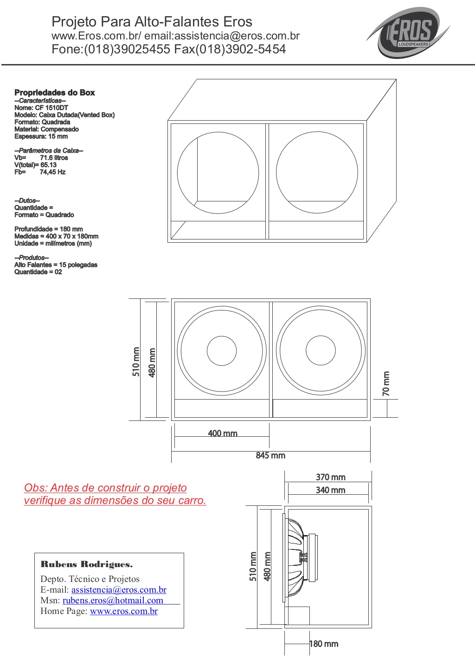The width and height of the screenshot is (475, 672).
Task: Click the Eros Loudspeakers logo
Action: click(408, 32)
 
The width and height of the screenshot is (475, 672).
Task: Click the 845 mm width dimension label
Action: click(270, 455)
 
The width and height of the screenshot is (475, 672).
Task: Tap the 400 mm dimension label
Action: click(223, 433)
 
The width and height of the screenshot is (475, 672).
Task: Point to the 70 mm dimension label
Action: click(386, 383)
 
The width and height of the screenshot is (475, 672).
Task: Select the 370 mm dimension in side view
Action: click(330, 477)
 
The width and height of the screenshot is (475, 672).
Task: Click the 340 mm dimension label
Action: click(330, 490)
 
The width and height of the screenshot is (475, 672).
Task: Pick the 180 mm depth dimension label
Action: click(324, 644)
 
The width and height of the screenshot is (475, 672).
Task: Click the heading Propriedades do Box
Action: click(55, 92)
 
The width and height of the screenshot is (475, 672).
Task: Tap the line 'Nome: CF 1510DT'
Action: click(41, 108)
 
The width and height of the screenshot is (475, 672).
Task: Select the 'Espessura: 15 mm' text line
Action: click(41, 136)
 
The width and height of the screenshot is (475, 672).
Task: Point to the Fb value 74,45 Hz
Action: click(52, 172)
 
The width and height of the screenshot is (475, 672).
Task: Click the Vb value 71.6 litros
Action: click(54, 157)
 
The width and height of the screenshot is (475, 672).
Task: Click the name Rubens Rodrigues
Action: click(86, 565)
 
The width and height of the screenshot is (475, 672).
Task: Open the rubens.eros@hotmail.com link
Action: click(113, 601)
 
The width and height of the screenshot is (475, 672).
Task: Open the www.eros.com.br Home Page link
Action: click(124, 611)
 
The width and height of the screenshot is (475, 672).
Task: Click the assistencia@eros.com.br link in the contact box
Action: click(119, 590)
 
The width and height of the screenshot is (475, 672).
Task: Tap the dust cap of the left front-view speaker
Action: click(222, 351)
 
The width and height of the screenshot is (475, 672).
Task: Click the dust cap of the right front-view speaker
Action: click(321, 350)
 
